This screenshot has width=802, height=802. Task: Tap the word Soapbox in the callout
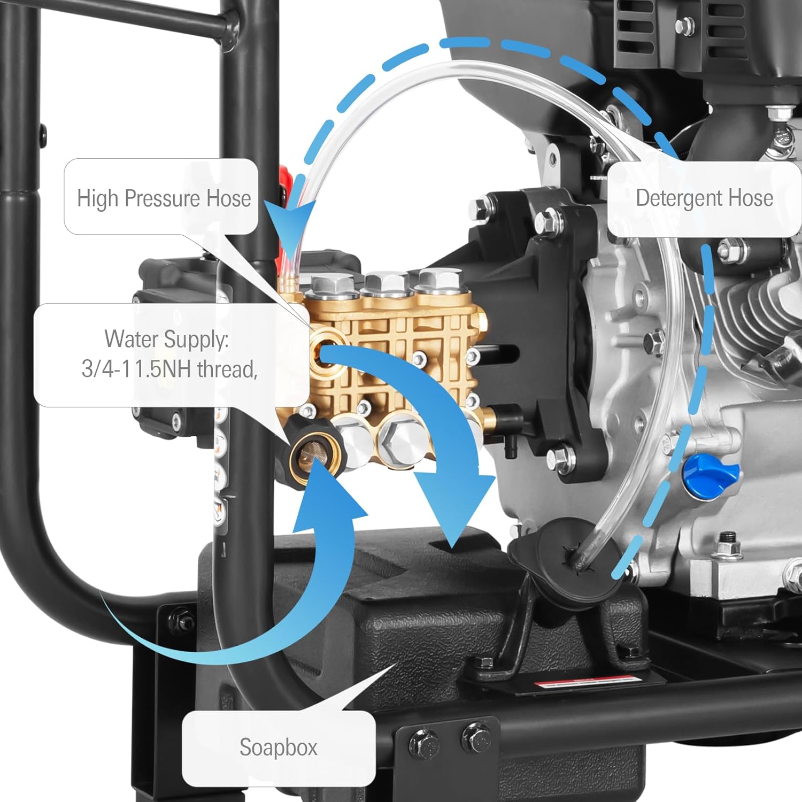(x=278, y=747)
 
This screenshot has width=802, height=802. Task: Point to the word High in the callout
(x=98, y=198)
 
